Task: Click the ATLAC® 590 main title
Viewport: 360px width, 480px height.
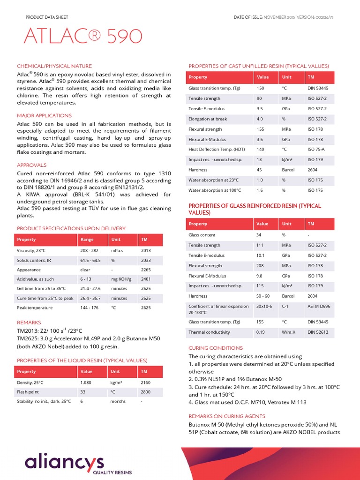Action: point(79,37)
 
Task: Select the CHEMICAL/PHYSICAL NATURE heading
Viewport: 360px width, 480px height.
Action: point(54,66)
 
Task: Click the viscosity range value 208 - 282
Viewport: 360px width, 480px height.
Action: point(89,251)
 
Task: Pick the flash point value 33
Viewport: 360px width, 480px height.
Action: point(83,392)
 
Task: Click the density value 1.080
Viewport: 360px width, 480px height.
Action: point(86,382)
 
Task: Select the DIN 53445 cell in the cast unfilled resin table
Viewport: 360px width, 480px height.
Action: point(318,88)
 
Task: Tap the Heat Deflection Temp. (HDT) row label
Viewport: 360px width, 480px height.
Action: point(217,150)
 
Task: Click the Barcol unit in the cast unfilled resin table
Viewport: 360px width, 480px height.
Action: point(288,170)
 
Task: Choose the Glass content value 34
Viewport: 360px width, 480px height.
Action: point(259,235)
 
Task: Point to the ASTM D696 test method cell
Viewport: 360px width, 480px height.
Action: point(319,306)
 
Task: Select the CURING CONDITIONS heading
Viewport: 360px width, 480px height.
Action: point(215,348)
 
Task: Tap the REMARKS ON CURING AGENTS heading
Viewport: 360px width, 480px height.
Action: point(226,416)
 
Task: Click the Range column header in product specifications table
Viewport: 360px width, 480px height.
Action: point(87,240)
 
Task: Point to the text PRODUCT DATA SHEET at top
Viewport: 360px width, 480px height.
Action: point(46,18)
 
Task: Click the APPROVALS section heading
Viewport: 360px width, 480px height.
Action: point(32,165)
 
